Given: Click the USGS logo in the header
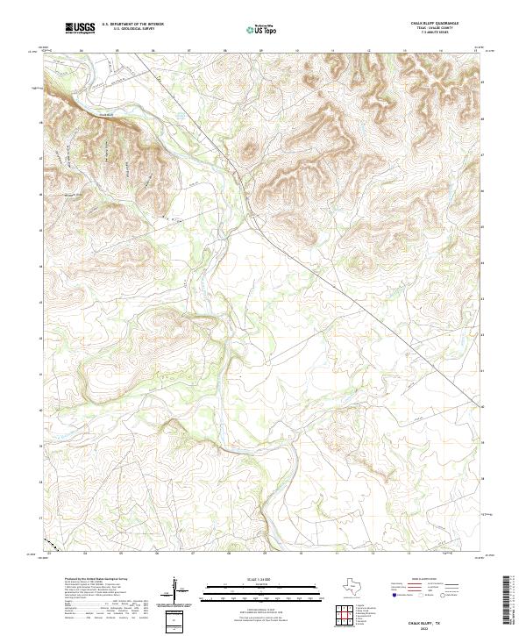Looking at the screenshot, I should point(81,29).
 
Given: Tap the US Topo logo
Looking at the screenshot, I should point(261,29).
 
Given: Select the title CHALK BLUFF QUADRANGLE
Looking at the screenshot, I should point(435,24).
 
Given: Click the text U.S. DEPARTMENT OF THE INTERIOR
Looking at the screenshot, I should point(132,24).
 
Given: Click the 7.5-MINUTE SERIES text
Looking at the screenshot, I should point(435,34).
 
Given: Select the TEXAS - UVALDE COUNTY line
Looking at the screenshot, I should point(435,29).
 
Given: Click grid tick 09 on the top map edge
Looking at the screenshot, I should point(262,51).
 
